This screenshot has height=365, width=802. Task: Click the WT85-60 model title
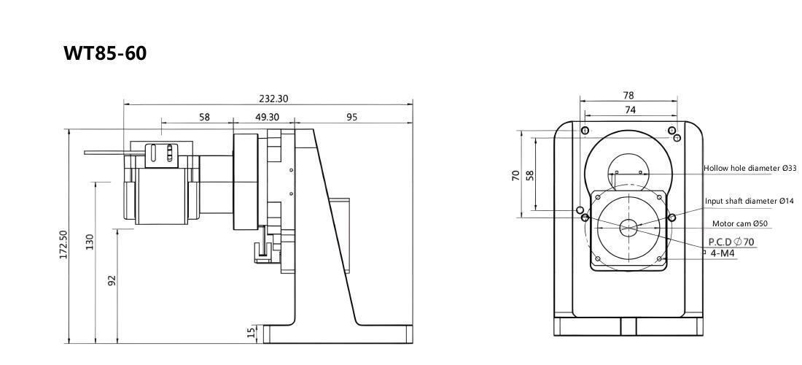pos(105,53)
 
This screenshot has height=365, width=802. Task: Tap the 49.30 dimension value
pos(267,118)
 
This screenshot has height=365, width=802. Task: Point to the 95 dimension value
pos(351,118)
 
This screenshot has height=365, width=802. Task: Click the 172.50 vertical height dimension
pos(63,245)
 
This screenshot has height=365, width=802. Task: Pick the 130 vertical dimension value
pos(90,241)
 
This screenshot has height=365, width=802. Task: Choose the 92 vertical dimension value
pos(112,280)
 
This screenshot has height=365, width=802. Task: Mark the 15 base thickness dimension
pos(251,333)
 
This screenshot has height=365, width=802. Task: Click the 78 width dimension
pos(628,95)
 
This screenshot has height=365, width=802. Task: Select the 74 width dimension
pos(630,109)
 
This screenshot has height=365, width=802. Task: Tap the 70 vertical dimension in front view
pos(515,175)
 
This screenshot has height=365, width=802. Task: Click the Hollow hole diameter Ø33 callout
pos(750,168)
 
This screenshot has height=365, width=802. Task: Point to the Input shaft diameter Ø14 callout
pos(749,201)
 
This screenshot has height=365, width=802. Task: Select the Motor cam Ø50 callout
pos(739,223)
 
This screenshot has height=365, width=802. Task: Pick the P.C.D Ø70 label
pos(731,242)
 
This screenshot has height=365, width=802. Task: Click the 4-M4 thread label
pos(723,253)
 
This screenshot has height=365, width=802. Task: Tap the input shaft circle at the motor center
pos(628,228)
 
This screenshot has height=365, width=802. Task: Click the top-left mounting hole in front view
pos(586,129)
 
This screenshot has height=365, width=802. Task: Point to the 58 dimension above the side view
pos(204,118)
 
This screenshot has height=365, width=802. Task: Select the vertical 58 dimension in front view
pos(530,175)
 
